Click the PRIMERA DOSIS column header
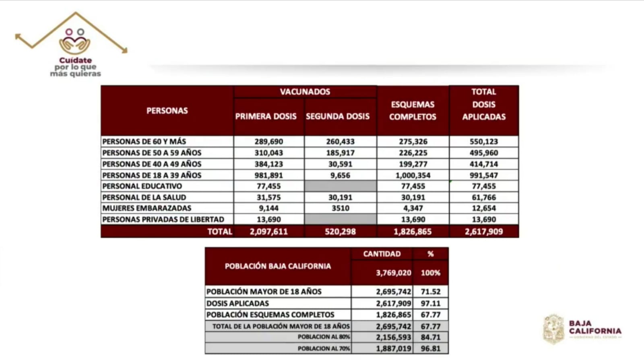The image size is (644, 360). pos(266,116)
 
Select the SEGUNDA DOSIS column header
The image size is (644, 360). pos(338,116)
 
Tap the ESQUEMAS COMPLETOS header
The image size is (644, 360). pos(413,111)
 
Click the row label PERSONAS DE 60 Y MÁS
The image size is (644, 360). pos(144,142)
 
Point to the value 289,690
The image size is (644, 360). pos(268,142)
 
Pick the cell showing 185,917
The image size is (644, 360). pos(340,153)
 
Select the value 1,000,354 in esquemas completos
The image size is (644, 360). pos(413,175)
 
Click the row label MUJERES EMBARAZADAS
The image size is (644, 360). pos(147,208)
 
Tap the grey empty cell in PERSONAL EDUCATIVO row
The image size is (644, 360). pos(341,186)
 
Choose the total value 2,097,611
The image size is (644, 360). pos(268,232)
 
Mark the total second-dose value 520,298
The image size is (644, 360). pos(340,232)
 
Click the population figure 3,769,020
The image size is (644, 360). pos(393,273)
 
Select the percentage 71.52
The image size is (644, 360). pos(431,292)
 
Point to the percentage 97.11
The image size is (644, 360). pos(431,303)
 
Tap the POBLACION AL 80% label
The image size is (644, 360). pos(324,337)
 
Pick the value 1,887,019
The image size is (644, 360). pos(393,349)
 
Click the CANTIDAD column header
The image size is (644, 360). pos(382,254)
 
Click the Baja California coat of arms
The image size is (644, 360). pos(554,329)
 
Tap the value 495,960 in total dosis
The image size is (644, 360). pos(483,153)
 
